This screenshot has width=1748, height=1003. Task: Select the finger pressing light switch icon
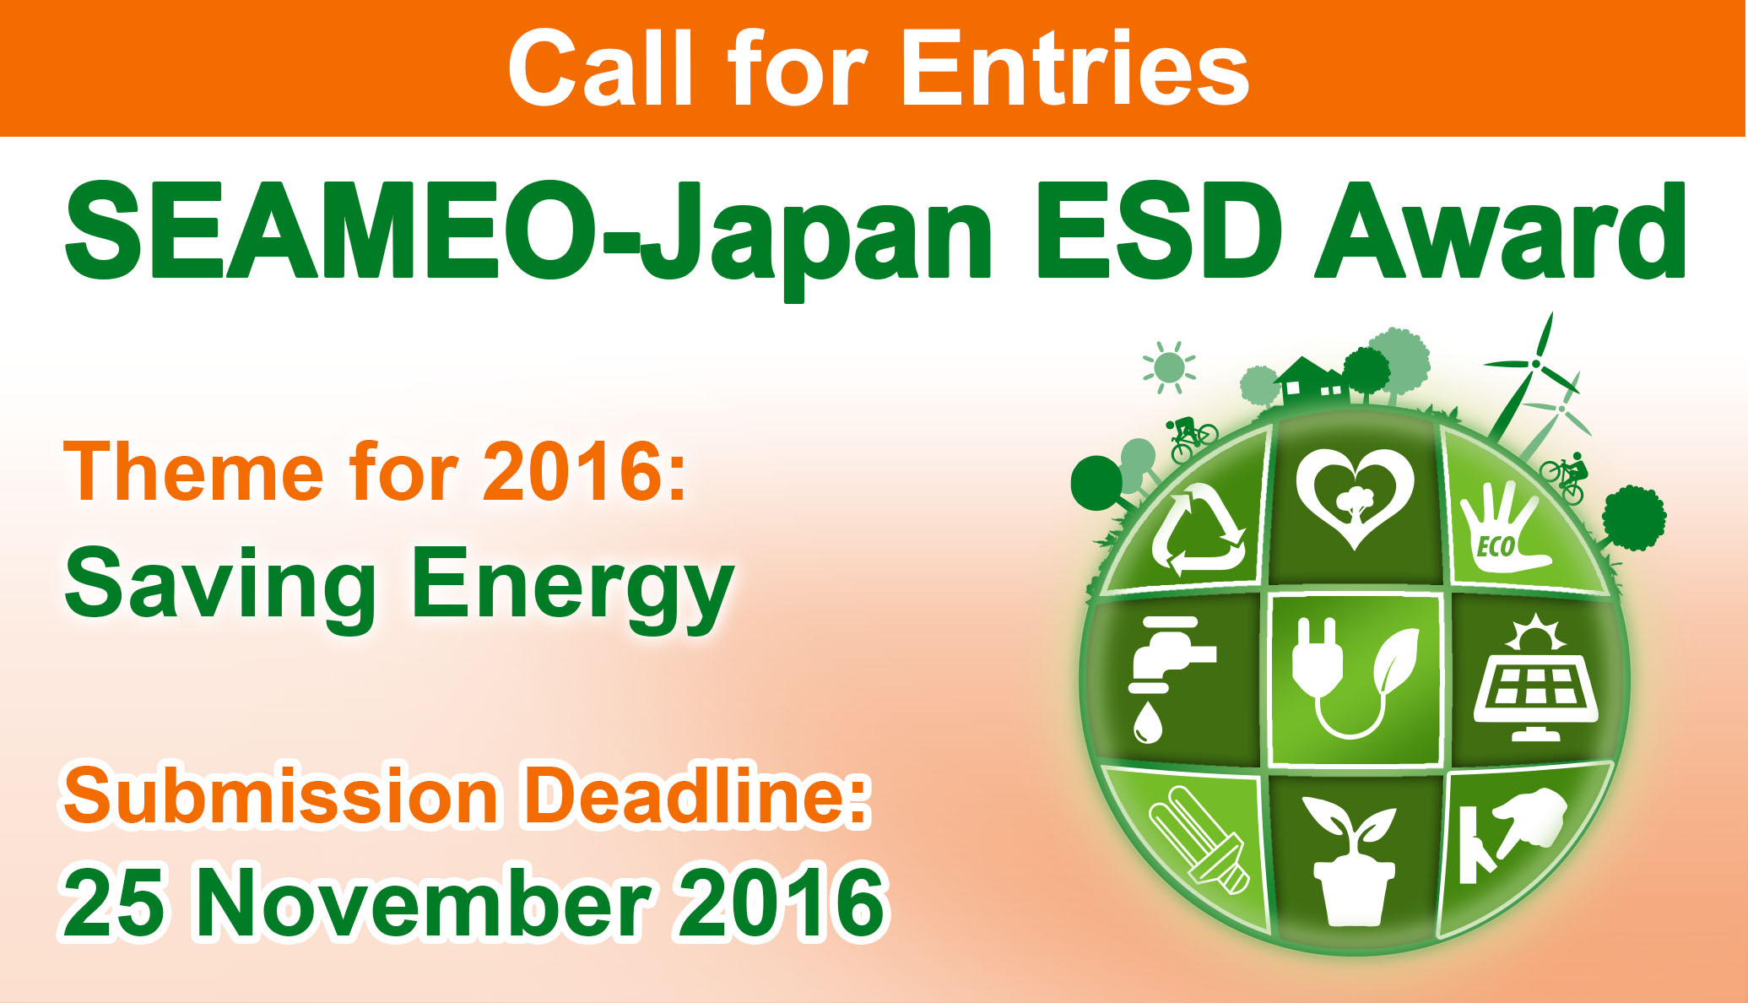point(1511,836)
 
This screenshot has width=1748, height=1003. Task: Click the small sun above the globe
point(1169,367)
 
